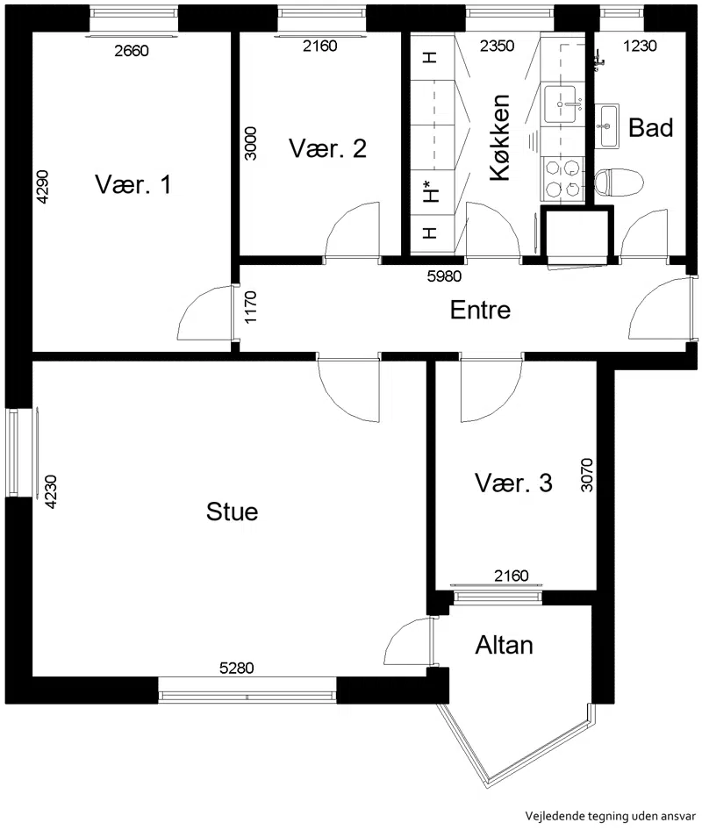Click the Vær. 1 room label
tap(133, 184)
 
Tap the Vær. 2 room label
tap(327, 148)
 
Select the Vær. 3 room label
tap(513, 483)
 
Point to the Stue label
tap(232, 512)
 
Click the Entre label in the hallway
tap(480, 310)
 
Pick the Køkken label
tap(500, 138)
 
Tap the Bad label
tap(650, 127)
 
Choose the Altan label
tap(504, 645)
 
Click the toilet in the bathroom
tap(619, 182)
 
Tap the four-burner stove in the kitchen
tap(562, 178)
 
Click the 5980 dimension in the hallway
tap(444, 275)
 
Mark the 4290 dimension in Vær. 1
tap(42, 186)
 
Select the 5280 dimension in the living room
tap(237, 668)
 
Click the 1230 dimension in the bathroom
tap(640, 46)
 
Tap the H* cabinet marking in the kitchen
tap(431, 191)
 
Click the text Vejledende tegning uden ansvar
tap(611, 816)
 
